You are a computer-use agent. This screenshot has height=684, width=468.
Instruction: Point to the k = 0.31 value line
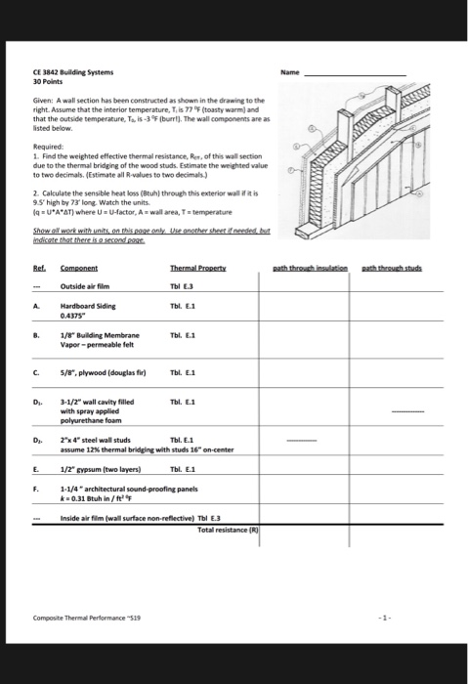point(98,498)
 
